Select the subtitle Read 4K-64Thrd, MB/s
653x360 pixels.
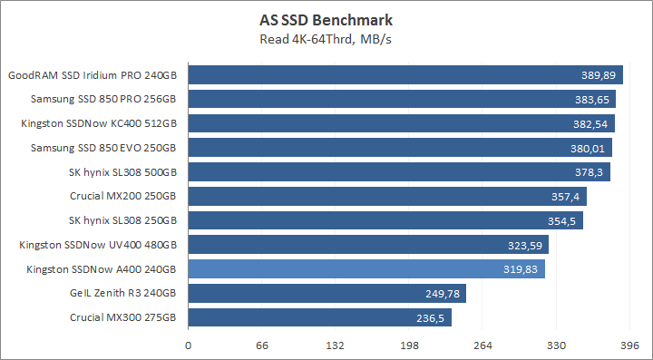click(x=326, y=39)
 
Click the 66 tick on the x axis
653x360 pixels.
click(x=262, y=345)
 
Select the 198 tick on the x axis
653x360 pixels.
click(x=409, y=345)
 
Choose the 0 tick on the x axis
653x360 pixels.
click(x=189, y=345)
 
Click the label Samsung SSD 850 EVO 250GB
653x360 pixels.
click(x=102, y=148)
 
